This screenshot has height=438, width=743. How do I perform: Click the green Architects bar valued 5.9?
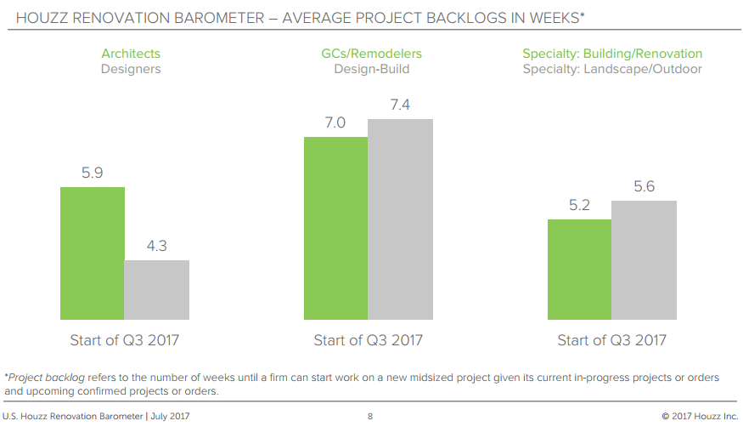point(93,253)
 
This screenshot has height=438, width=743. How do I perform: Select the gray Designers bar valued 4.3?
point(157,290)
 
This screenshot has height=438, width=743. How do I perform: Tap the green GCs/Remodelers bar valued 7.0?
point(336,228)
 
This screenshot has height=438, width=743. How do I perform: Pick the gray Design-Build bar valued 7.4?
point(400,219)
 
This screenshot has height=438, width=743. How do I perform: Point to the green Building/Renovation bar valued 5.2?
point(580,270)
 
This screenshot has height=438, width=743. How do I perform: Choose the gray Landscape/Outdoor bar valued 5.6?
point(644,260)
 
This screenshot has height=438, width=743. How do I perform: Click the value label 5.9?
point(93,173)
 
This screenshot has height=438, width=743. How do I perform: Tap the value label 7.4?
point(400,105)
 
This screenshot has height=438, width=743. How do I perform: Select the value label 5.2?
point(580,205)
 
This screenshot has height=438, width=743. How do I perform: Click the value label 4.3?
point(156,246)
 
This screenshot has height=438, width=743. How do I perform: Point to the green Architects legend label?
point(131,54)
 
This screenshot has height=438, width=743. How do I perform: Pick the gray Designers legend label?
point(131,69)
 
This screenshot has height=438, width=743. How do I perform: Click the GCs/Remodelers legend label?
point(371,54)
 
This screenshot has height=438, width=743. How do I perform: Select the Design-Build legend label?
point(371,69)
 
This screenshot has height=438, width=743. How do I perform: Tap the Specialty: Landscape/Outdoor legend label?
point(612,69)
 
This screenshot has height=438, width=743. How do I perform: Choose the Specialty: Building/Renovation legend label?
point(612,54)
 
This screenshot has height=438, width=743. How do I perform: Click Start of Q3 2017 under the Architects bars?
point(124,340)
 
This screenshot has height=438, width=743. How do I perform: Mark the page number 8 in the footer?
point(370,417)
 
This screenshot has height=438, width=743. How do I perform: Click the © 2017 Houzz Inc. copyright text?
point(700,417)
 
